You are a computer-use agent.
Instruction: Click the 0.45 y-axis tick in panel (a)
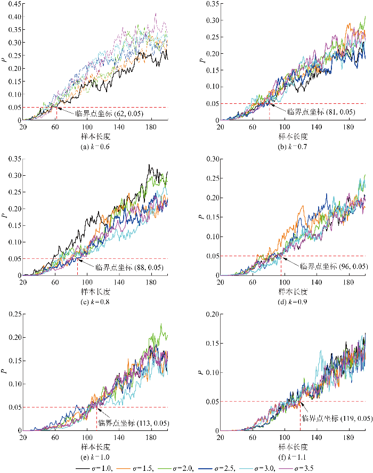tap(11, 4)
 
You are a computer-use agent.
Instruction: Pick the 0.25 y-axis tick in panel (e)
tap(11, 314)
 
